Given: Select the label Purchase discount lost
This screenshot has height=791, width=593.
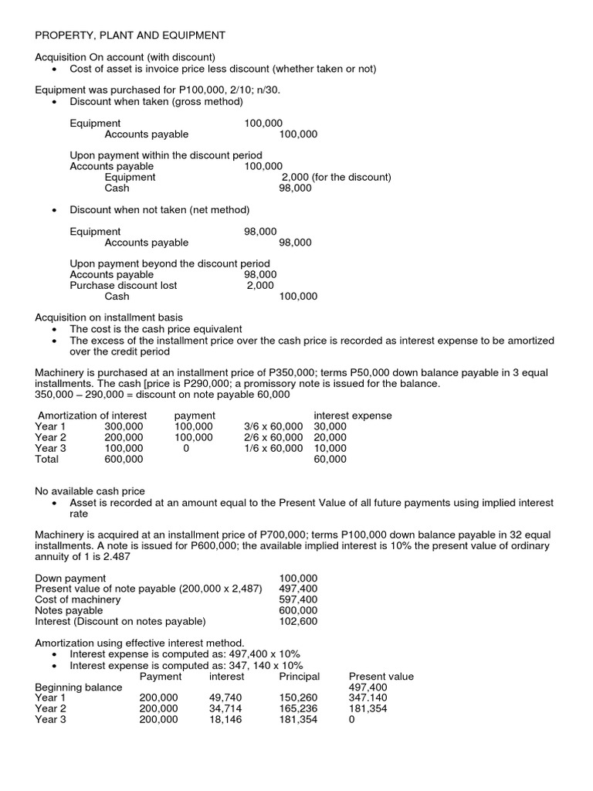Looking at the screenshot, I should [124, 285].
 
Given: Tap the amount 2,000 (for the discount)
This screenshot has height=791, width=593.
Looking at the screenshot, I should [336, 177].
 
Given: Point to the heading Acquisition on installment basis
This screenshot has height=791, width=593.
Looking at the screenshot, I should [110, 317].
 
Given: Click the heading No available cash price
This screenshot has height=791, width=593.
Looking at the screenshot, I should [90, 491].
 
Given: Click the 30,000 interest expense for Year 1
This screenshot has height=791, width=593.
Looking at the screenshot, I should [330, 426].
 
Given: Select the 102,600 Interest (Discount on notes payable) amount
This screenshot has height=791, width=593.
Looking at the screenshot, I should [298, 621].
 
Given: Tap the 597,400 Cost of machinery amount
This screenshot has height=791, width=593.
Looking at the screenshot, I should [298, 599].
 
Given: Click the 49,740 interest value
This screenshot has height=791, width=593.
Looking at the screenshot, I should [225, 698].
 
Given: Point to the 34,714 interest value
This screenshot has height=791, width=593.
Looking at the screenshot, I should [225, 708].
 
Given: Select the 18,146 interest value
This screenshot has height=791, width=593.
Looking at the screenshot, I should [225, 719].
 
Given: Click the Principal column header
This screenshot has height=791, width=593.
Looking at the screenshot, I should [299, 676].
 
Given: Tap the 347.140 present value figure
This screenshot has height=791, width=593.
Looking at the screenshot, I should [368, 698].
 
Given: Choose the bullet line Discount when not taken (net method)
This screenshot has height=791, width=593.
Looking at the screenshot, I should [160, 209].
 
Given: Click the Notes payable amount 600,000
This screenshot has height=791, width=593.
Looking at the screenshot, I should [298, 610].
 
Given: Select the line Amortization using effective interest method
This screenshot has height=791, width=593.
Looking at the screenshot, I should [140, 643].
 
